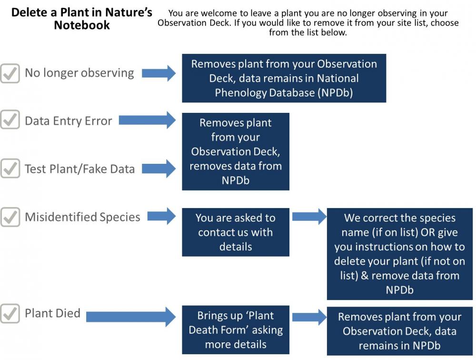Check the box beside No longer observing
(10, 73)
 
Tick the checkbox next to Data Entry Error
(10, 120)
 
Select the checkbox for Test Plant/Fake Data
(10, 168)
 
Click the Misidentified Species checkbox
(10, 217)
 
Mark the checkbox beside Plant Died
(10, 313)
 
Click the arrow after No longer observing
(159, 73)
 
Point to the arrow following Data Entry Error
(147, 120)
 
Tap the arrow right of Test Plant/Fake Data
(159, 168)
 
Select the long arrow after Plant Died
(131, 317)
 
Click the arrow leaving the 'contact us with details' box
(309, 216)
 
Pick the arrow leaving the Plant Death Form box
(309, 317)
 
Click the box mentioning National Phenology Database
(284, 78)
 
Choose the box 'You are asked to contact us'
(236, 232)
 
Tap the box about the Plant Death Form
(236, 330)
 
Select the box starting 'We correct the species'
(399, 254)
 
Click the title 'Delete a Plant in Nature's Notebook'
(82, 19)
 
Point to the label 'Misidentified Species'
(82, 217)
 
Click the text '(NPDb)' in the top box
(335, 93)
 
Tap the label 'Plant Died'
(52, 313)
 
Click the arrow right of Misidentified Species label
(161, 216)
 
